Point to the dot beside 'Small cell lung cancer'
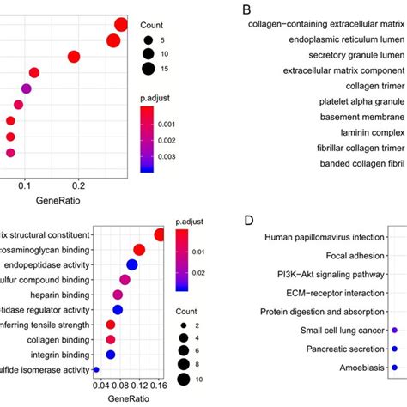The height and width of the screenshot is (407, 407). [394, 330]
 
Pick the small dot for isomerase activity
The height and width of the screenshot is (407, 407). [96, 369]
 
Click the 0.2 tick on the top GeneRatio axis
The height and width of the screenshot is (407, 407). [78, 182]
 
